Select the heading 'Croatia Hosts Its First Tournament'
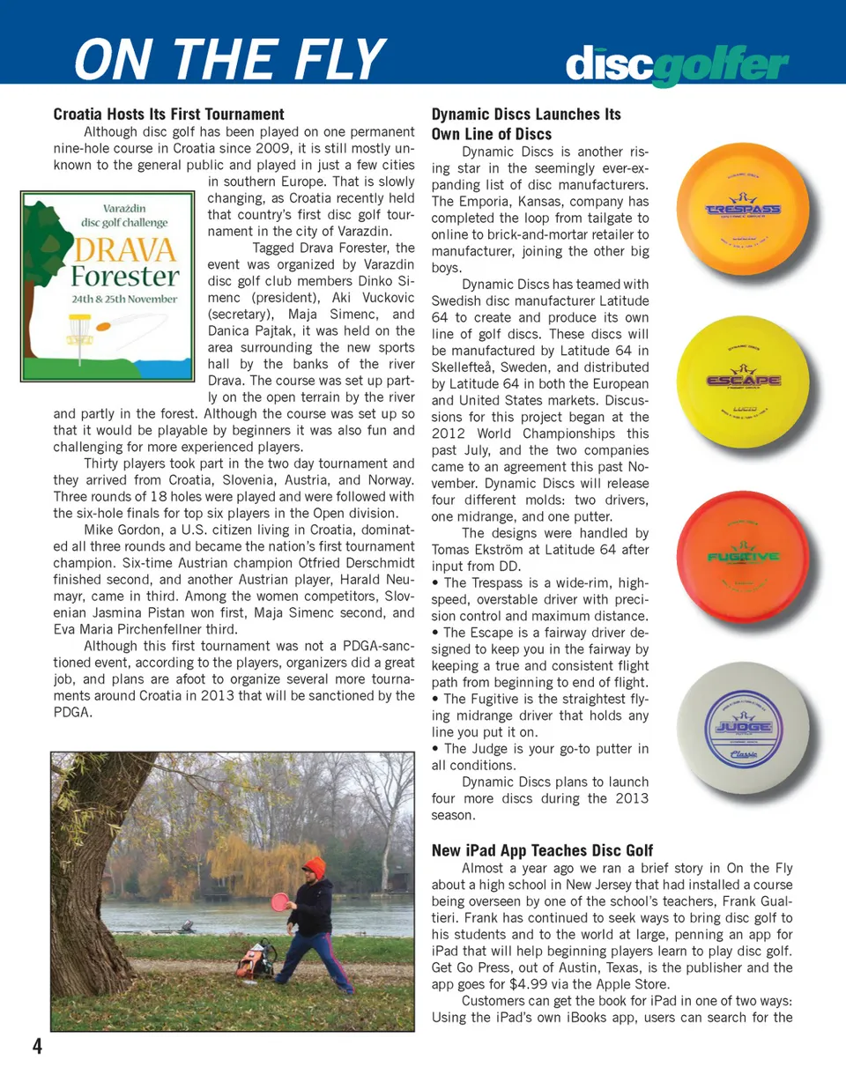tap(169, 114)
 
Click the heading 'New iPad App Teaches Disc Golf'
tap(542, 850)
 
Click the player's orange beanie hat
tap(314, 867)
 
